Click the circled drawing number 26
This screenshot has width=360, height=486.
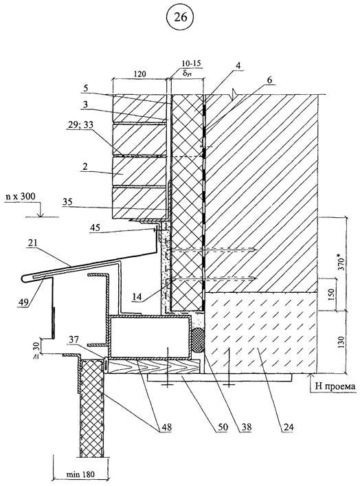click(x=181, y=17)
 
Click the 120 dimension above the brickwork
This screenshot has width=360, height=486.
click(x=139, y=74)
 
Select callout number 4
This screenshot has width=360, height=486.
click(x=238, y=66)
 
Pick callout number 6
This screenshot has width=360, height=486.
click(x=269, y=80)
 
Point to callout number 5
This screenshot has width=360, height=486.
click(x=85, y=89)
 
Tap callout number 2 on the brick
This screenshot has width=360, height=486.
click(x=85, y=166)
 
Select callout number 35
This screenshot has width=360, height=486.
click(x=67, y=202)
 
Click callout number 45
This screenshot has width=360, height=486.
click(x=95, y=228)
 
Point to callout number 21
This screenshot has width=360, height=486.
click(x=33, y=243)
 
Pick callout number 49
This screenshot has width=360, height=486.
click(x=23, y=300)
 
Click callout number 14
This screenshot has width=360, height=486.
click(x=137, y=297)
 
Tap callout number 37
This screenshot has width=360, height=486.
click(x=74, y=340)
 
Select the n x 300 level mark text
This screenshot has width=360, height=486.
click(x=21, y=197)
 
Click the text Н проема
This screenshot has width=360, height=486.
click(x=335, y=386)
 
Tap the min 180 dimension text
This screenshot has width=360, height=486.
click(x=80, y=474)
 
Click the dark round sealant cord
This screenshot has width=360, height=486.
click(x=198, y=340)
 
